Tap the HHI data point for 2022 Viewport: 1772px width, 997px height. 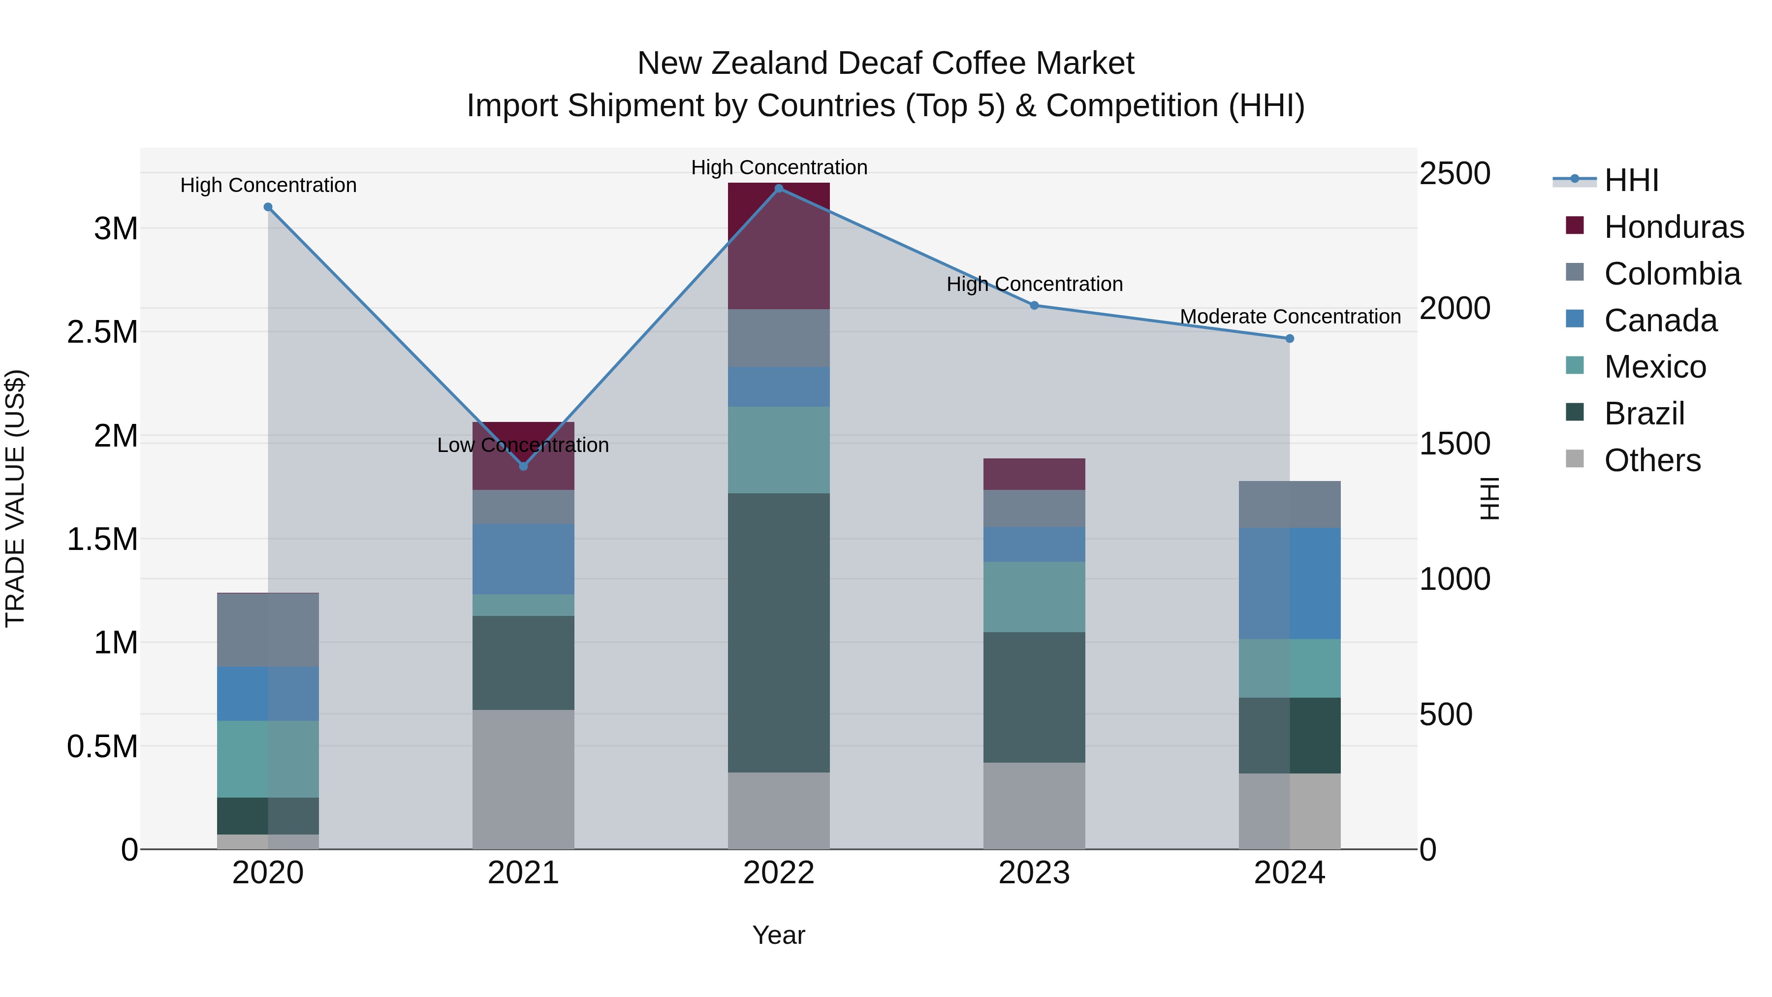779,189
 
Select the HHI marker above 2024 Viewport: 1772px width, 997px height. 1290,339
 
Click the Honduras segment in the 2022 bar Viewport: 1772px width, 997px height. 779,246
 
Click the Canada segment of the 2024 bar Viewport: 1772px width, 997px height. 1290,583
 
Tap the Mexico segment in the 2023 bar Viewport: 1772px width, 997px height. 1034,597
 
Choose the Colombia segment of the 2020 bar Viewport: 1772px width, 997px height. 268,630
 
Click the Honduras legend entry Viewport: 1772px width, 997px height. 1673,227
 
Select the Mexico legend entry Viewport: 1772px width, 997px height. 1654,367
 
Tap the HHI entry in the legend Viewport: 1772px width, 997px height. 1630,180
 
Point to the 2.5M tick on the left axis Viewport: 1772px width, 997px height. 102,332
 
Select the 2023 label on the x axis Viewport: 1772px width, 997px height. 1034,873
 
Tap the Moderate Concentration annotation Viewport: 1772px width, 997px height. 1290,317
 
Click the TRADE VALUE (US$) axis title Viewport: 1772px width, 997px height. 15,498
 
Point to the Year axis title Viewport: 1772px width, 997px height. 779,935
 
